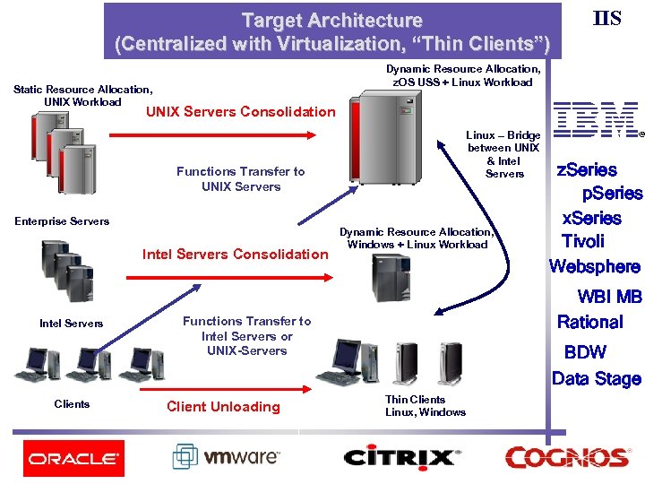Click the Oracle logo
click(73, 458)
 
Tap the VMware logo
click(227, 457)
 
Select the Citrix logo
click(401, 457)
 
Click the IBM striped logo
click(596, 120)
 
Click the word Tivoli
click(582, 241)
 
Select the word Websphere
click(595, 266)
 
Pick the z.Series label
click(587, 169)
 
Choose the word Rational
click(589, 322)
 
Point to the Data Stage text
click(596, 378)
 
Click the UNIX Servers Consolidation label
click(239, 112)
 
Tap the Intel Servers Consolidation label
click(236, 254)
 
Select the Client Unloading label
click(223, 406)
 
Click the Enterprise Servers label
click(62, 221)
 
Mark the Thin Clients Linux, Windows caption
click(425, 406)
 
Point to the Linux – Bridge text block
click(503, 154)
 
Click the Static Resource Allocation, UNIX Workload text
click(82, 95)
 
